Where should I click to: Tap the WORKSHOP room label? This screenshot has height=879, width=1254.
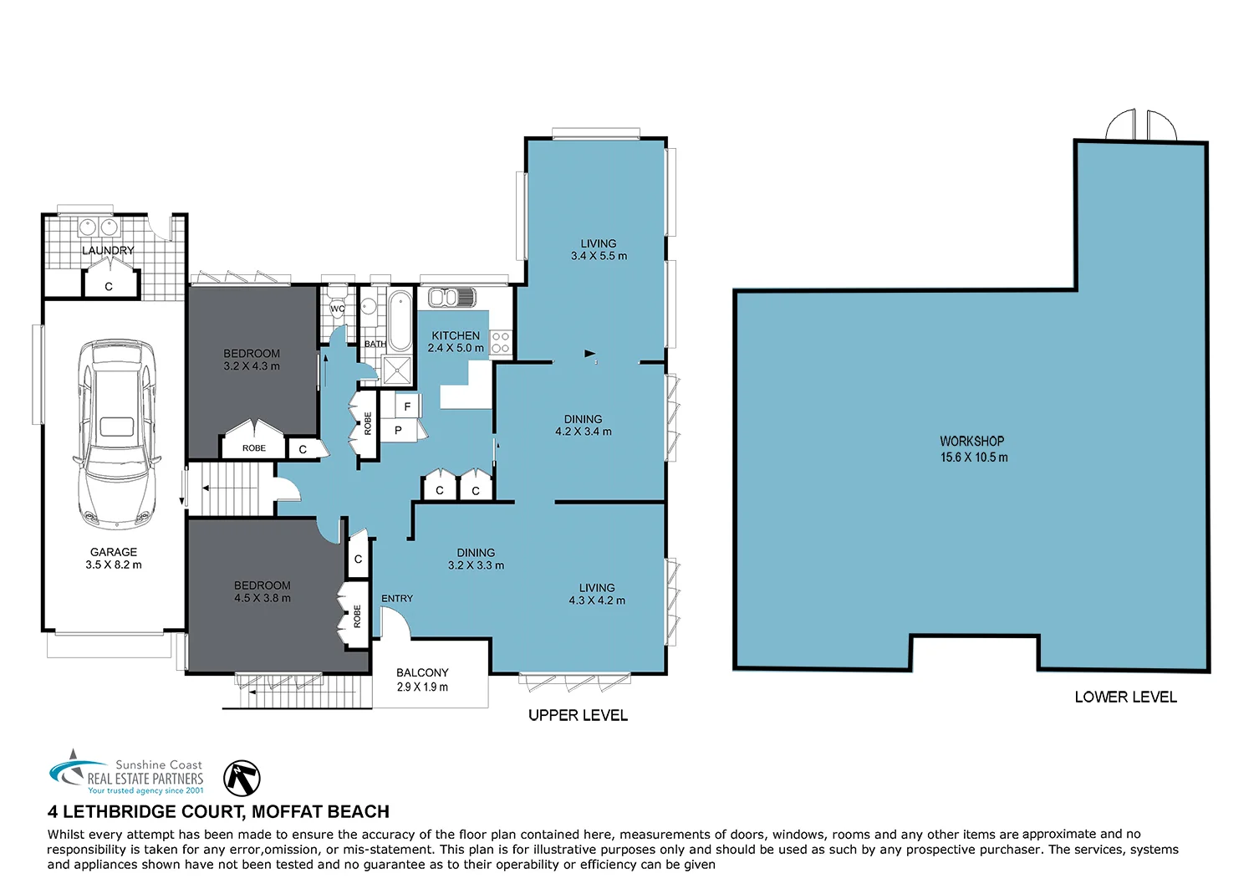pyautogui.click(x=972, y=441)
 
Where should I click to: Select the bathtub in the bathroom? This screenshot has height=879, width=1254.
pyautogui.click(x=400, y=320)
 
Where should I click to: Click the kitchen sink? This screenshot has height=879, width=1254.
pyautogui.click(x=451, y=297)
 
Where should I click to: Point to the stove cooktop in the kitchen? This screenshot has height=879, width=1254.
pyautogui.click(x=501, y=343)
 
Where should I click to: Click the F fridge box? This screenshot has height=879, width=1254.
pyautogui.click(x=407, y=406)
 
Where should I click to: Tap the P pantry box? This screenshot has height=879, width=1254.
pyautogui.click(x=398, y=431)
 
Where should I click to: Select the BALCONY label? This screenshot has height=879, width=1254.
pyautogui.click(x=422, y=672)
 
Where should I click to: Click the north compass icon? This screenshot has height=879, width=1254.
pyautogui.click(x=242, y=778)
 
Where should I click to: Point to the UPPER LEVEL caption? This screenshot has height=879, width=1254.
pyautogui.click(x=578, y=715)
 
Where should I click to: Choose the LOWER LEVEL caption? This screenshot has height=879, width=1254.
pyautogui.click(x=1125, y=697)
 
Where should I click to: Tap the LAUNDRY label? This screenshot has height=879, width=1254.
pyautogui.click(x=108, y=250)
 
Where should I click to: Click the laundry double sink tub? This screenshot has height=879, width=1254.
pyautogui.click(x=97, y=227)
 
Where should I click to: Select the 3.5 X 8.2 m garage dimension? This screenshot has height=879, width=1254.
pyautogui.click(x=114, y=565)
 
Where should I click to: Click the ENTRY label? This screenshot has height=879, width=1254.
pyautogui.click(x=397, y=599)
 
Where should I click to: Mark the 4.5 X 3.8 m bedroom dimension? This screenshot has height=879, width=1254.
pyautogui.click(x=263, y=599)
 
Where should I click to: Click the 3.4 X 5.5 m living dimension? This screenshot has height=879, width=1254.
pyautogui.click(x=599, y=256)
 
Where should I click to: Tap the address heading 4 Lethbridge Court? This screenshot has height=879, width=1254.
pyautogui.click(x=218, y=811)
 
